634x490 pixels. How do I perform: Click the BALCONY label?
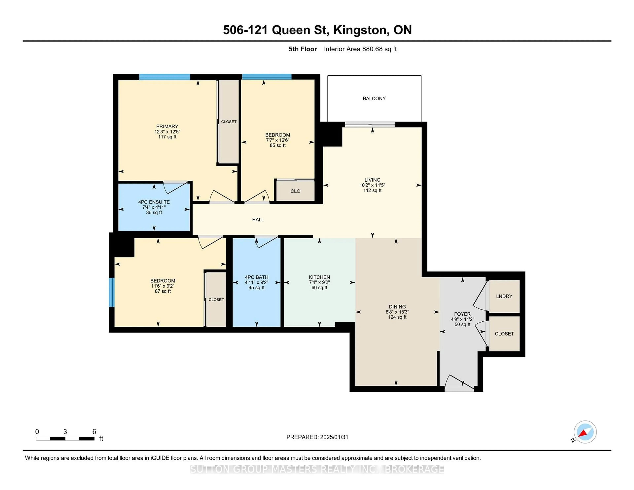374,98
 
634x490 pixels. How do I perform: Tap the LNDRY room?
504,296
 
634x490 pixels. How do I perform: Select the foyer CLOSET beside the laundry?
504,333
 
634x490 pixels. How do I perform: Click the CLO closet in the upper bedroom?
295,191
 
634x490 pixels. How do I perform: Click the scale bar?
65,438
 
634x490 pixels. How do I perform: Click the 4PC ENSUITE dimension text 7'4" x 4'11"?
154,207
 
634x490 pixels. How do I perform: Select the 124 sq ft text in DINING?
397,317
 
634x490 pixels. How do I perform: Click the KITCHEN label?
319,277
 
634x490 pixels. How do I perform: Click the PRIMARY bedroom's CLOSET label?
229,122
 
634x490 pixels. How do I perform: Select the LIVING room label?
372,180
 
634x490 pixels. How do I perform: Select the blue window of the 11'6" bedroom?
111,292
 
